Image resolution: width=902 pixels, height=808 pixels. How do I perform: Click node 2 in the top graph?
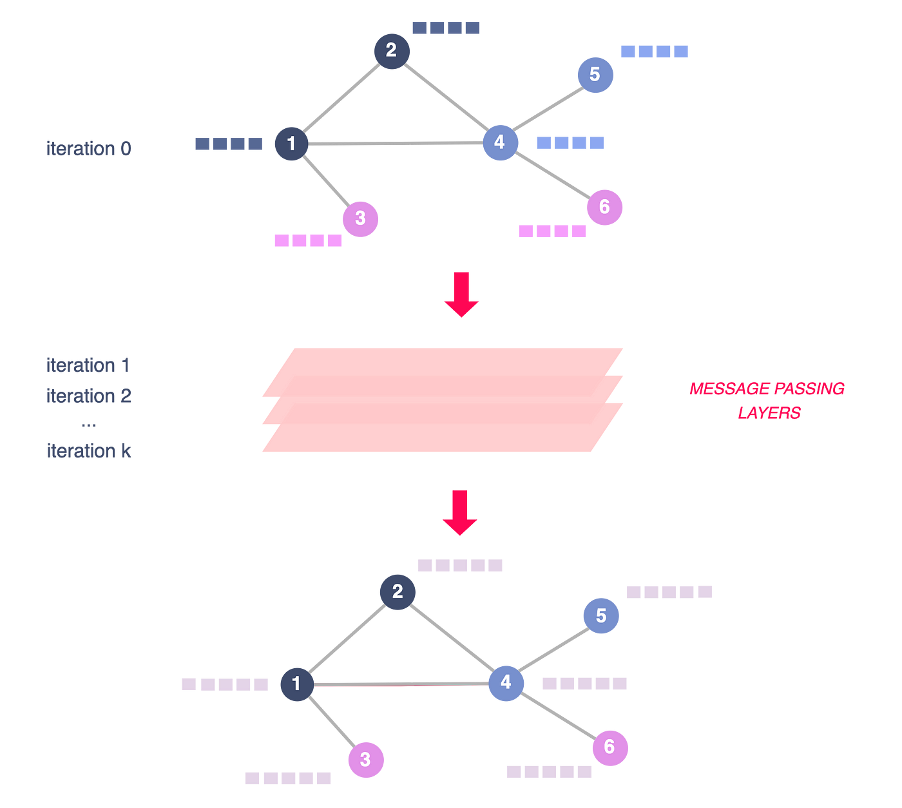(x=392, y=50)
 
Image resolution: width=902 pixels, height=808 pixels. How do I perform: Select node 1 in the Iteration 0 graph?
(x=291, y=143)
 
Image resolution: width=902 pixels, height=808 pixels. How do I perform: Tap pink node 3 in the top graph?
(x=360, y=218)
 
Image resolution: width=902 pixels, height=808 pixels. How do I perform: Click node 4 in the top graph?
(x=500, y=142)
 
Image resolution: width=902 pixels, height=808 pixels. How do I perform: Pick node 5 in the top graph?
(x=595, y=75)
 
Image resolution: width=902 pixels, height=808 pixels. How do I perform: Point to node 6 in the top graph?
(x=604, y=207)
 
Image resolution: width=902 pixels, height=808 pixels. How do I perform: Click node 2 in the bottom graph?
(x=398, y=592)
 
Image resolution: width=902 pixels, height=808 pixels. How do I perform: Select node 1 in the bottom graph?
(x=297, y=683)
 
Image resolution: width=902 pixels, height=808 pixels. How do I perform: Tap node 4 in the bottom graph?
(x=506, y=682)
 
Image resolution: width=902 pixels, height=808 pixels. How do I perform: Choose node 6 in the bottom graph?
(x=610, y=747)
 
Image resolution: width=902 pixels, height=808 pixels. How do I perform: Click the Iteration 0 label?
(x=89, y=149)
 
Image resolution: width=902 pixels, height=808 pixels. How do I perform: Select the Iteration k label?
(x=89, y=450)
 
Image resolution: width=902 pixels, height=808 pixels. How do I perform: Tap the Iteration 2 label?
(x=89, y=396)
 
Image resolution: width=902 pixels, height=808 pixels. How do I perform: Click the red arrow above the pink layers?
(x=461, y=294)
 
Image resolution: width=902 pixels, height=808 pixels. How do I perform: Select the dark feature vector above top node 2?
(x=446, y=28)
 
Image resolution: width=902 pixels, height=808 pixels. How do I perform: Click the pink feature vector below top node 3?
(x=308, y=241)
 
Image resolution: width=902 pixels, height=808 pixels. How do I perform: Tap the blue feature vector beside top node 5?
(x=654, y=52)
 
